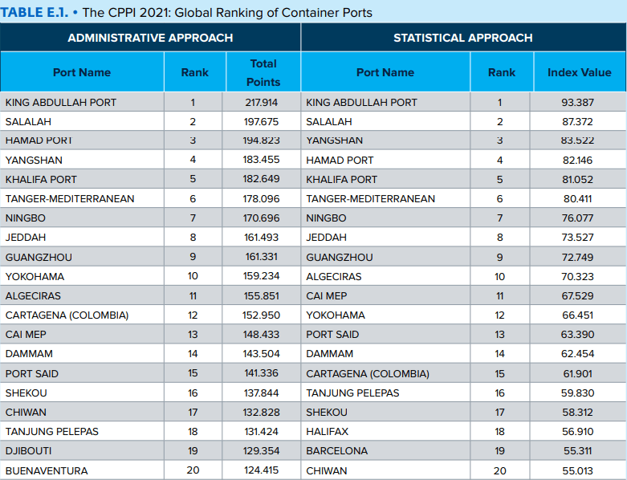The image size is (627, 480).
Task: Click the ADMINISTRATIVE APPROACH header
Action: (150, 38)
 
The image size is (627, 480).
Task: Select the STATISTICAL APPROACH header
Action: (462, 38)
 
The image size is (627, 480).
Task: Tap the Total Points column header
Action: (263, 72)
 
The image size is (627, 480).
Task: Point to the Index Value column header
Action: (579, 72)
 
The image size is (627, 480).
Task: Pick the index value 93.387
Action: (578, 103)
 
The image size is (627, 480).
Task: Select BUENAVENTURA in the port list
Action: (47, 470)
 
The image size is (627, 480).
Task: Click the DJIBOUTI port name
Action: (28, 451)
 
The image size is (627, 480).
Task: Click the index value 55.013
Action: (578, 470)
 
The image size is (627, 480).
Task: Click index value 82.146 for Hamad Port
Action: (578, 161)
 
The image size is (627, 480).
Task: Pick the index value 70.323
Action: (578, 276)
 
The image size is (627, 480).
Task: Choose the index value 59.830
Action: (578, 393)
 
